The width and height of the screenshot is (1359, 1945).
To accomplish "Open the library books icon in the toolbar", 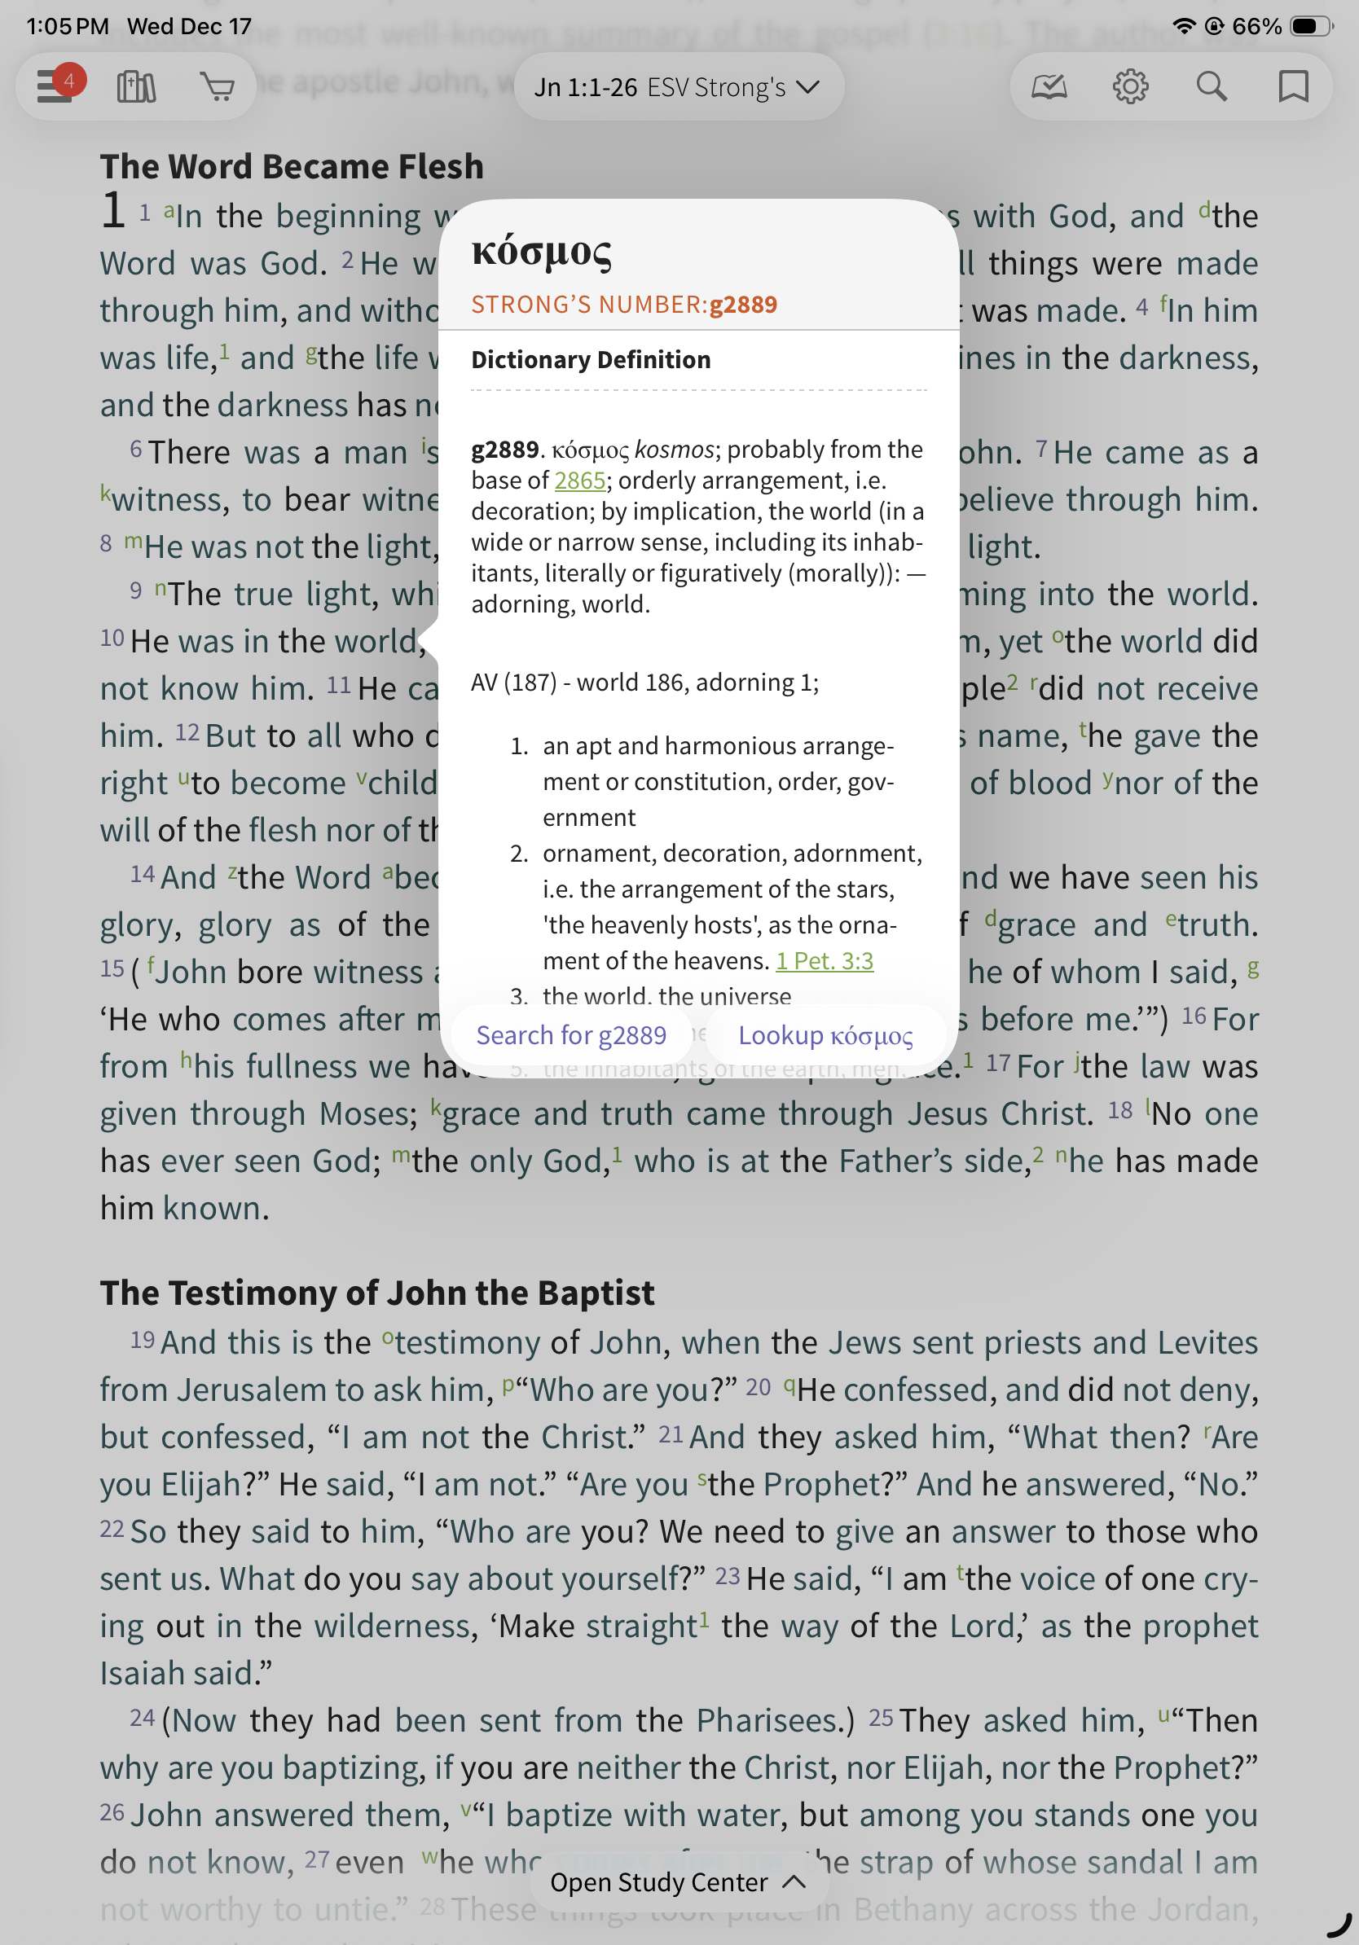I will (136, 86).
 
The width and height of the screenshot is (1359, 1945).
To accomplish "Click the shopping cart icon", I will (218, 86).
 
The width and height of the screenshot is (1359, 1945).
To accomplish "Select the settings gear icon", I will (1129, 86).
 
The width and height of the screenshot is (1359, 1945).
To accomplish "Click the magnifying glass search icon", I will (1211, 86).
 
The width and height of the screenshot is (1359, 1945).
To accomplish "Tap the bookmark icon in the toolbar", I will (1292, 86).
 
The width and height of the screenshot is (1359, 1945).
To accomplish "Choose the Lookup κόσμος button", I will (825, 1035).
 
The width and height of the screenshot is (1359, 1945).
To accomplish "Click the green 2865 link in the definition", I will (579, 481).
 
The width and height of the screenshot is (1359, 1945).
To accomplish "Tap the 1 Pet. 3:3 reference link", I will (825, 960).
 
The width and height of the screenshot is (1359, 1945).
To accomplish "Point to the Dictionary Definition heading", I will (591, 360).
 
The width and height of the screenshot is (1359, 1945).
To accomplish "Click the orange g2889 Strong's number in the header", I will (743, 305).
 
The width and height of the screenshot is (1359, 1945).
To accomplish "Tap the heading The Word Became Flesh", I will (292, 167).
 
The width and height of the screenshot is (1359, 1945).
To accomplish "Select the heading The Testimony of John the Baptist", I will (377, 1293).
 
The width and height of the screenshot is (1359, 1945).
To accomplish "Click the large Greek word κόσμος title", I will (541, 252).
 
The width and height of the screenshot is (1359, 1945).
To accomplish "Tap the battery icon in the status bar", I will (1310, 26).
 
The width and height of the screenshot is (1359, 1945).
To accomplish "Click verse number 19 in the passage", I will (143, 1340).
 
